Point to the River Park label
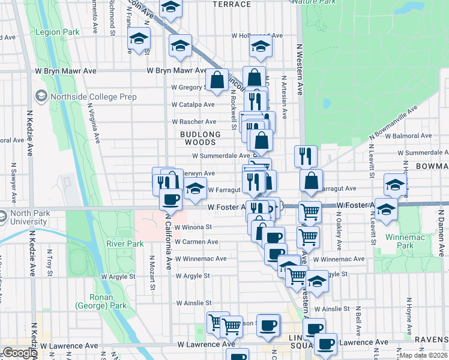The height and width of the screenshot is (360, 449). point(125,244)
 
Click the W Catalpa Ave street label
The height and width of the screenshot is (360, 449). point(193,104)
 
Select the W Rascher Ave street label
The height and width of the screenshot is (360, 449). point(193,122)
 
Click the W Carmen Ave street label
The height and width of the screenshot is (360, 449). point(196,242)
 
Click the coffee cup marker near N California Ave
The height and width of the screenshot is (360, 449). point(170,199)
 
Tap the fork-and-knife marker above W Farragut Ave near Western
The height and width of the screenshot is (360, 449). point(306,156)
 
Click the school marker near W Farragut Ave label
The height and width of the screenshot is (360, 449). point(194,188)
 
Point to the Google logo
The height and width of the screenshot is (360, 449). point(19,353)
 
